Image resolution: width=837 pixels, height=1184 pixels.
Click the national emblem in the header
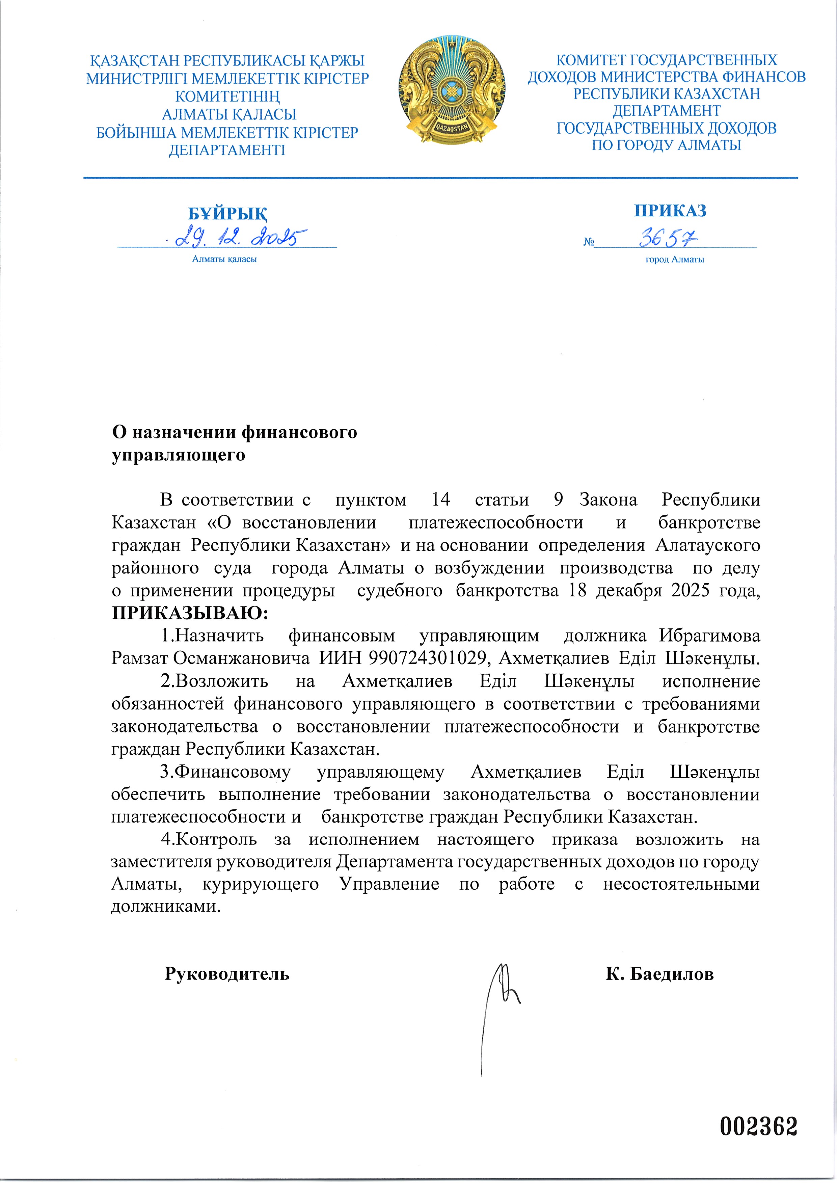coord(452,90)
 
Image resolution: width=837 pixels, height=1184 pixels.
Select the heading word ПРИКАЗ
coord(670,210)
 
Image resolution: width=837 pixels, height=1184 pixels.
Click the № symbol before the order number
coord(588,242)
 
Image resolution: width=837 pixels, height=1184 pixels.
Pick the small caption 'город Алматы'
coord(675,260)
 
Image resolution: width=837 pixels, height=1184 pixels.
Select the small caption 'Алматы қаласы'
coord(224,260)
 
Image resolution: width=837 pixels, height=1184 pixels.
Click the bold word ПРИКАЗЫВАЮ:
coord(190,613)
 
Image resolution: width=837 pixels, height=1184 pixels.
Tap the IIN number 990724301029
coord(428,658)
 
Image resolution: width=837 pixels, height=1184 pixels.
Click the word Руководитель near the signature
coord(227,974)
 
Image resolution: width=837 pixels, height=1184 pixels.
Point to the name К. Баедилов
coord(659,974)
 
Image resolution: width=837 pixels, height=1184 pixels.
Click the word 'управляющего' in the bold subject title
coord(179,455)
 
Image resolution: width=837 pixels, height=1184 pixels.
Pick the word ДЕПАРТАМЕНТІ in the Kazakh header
coord(227,150)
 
